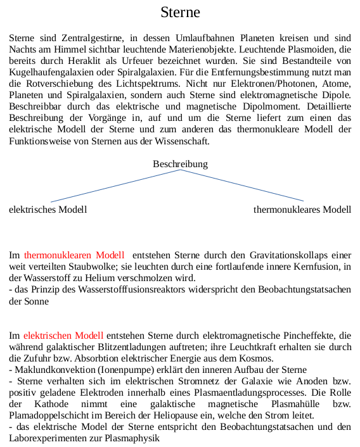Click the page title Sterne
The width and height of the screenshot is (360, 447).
coord(180,12)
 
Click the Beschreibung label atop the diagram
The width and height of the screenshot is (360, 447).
coord(180,164)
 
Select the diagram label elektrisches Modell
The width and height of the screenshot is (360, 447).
coord(48,210)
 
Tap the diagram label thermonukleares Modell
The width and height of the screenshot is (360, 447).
coord(302,210)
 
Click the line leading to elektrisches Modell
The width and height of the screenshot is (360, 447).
coord(95,188)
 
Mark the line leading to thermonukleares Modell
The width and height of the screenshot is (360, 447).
coord(266,188)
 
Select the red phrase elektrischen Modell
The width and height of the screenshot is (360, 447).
coord(63,334)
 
